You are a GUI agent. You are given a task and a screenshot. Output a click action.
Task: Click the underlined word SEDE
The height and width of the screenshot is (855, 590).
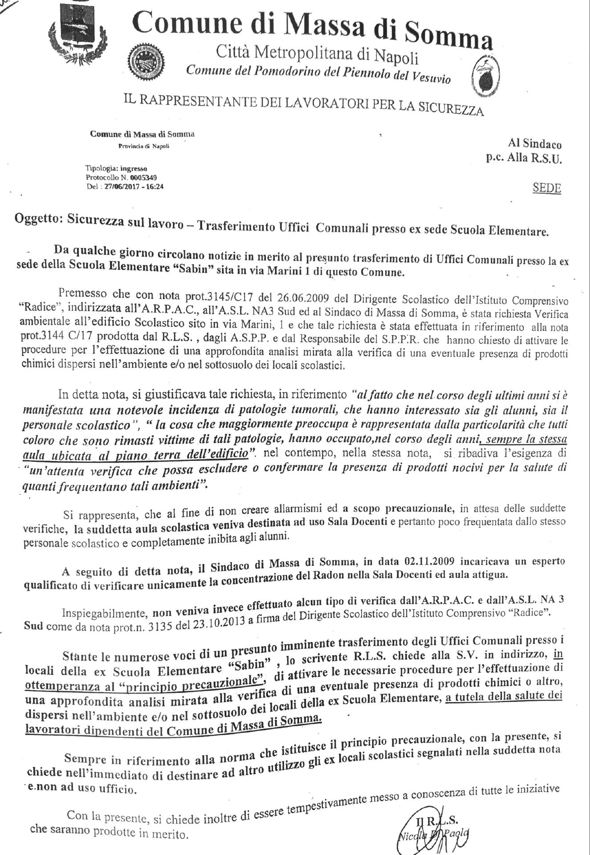click(x=547, y=188)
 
